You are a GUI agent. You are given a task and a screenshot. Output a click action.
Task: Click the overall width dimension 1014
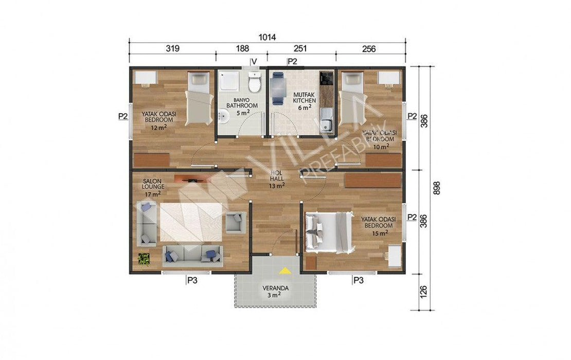(267, 37)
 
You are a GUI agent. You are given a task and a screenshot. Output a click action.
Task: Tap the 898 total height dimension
(437, 188)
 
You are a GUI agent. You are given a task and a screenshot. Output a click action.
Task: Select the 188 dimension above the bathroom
(242, 48)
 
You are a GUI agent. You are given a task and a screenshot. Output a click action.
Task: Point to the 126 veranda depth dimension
(423, 292)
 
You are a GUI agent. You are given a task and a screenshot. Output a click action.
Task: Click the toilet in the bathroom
(255, 82)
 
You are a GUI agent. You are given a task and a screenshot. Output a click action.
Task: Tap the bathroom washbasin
(223, 116)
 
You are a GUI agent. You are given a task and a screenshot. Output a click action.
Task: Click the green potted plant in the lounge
(144, 259)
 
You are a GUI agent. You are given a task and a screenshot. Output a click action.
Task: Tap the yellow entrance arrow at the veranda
(284, 271)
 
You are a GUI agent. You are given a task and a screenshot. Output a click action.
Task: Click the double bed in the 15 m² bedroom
(329, 232)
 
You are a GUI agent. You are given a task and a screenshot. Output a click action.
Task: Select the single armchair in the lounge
(235, 222)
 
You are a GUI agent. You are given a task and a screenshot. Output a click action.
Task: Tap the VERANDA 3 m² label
(276, 292)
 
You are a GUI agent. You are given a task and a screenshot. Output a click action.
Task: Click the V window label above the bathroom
(254, 61)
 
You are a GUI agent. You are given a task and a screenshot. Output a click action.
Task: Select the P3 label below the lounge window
(192, 281)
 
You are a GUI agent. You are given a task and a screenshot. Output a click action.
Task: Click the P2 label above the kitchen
(292, 62)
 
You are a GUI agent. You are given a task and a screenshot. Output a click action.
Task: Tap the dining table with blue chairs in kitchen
(278, 88)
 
